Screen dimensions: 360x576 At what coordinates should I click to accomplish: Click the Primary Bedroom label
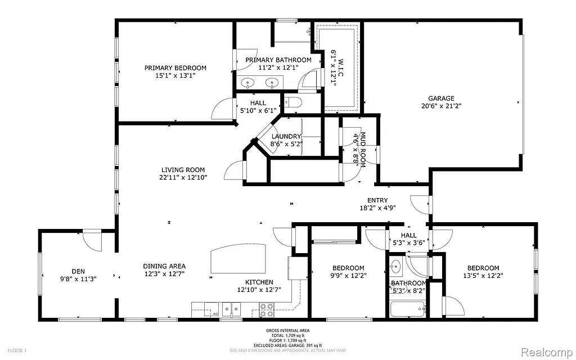coord(175,68)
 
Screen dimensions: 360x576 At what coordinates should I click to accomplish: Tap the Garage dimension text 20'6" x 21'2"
coord(441,106)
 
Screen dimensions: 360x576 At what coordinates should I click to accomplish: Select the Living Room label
coord(183,170)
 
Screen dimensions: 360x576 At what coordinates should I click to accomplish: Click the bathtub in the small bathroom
coord(407,308)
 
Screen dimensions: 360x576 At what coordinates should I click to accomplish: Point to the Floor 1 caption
coord(17,350)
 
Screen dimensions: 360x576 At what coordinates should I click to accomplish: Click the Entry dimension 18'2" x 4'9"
coord(377,208)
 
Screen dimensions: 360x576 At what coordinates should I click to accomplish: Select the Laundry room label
coord(286,137)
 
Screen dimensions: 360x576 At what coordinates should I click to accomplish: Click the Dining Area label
coord(164,267)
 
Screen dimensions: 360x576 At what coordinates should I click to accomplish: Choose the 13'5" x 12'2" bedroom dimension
coord(483,276)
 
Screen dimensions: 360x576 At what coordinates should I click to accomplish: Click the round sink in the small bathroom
coord(395,267)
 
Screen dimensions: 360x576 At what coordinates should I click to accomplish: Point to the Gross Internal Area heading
coord(287,330)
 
